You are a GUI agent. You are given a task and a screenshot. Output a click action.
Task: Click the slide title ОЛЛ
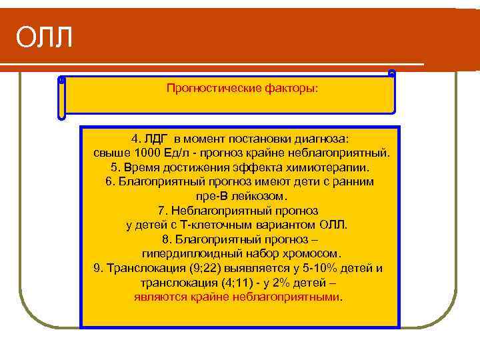44,38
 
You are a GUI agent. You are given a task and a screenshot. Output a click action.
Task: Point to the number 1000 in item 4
142,153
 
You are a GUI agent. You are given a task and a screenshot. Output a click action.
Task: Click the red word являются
161,297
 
